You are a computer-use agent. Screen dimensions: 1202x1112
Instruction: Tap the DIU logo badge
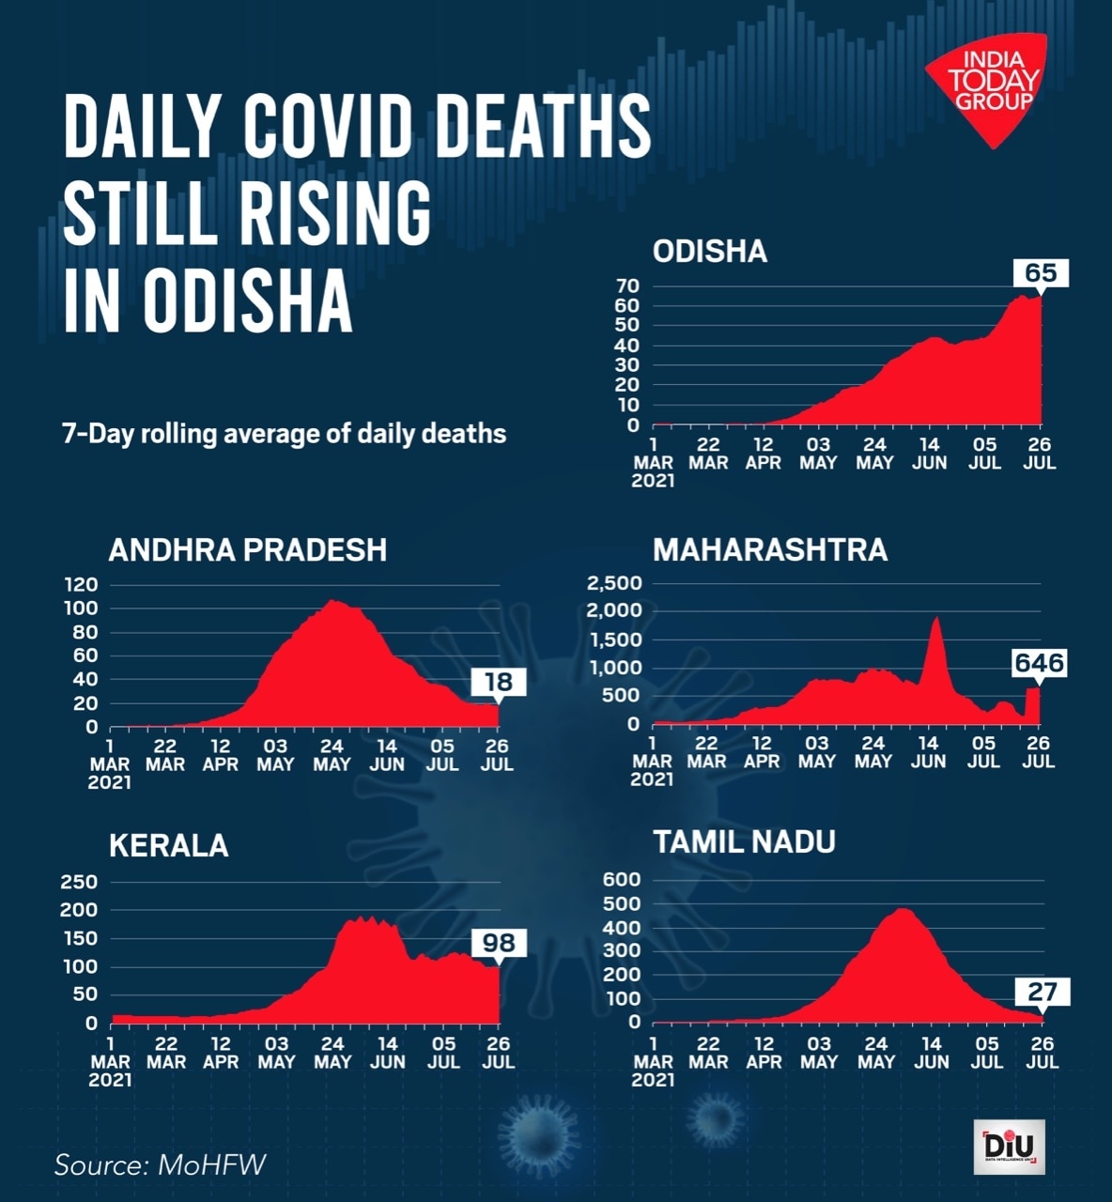1009,1148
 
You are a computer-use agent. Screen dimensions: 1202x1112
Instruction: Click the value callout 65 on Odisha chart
1041,273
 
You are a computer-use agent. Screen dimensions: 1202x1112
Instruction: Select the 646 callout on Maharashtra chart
1039,663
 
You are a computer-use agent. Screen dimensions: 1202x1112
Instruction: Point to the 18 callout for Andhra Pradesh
498,682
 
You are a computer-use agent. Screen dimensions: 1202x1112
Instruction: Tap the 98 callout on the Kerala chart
499,942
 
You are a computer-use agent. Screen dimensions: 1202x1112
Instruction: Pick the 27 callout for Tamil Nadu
1042,991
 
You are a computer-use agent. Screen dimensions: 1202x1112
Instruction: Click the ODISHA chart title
710,252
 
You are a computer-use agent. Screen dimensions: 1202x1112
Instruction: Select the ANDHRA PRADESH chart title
248,549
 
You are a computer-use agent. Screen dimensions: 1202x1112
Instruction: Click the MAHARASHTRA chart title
770,549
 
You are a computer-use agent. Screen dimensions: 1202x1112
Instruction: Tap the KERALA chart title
169,845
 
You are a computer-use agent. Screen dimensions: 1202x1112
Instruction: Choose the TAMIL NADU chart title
744,841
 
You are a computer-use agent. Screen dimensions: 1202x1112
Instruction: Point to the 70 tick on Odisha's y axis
627,285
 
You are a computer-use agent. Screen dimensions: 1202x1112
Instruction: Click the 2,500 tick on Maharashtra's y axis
614,583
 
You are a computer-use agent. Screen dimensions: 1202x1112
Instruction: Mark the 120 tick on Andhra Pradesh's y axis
81,584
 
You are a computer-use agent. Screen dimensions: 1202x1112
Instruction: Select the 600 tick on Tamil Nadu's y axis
623,880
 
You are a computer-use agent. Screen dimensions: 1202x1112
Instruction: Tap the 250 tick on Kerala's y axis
79,882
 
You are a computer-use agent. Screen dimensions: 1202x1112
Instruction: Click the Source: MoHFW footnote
160,1164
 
